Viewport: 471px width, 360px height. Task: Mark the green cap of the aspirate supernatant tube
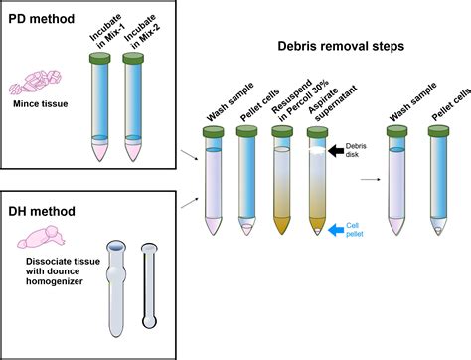(x=316, y=130)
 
